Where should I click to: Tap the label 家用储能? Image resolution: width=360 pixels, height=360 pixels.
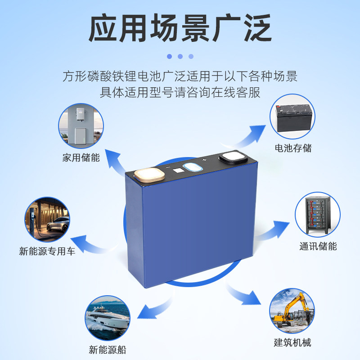tap(81, 158)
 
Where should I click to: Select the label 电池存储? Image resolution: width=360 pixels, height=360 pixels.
tap(293, 148)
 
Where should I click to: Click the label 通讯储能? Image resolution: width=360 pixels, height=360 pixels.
tap(318, 246)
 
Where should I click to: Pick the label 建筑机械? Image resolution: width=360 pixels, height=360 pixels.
tap(292, 342)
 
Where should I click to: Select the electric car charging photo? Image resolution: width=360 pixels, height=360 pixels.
tap(47, 219)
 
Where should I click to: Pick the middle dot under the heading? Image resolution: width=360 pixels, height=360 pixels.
tap(180, 56)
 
